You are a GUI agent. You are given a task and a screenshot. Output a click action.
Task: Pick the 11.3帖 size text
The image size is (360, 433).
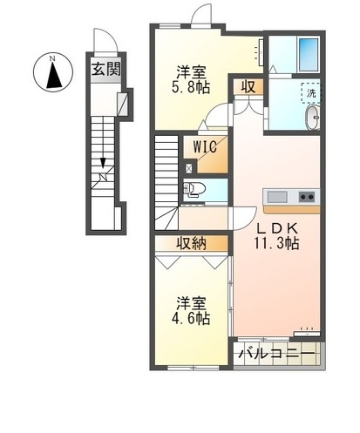277,244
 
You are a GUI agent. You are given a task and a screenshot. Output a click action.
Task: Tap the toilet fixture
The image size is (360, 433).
194,189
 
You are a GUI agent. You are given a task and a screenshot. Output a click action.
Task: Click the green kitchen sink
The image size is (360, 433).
277,195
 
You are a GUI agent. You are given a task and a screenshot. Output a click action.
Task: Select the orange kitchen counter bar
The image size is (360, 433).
292,209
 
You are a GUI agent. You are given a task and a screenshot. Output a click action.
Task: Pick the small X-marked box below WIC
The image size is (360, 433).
190,166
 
